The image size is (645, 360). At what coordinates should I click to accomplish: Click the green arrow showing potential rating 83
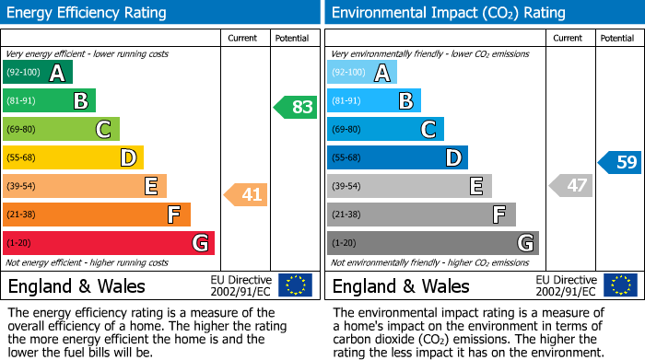pos(295,107)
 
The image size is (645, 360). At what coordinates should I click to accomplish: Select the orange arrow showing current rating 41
pos(247,194)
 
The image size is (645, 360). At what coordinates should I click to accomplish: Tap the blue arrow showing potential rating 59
pos(620,163)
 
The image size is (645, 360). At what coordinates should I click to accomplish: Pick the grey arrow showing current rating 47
pos(570,186)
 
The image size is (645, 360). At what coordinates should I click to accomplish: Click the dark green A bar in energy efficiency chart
pos(37,73)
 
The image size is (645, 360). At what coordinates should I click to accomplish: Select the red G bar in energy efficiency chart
pos(108,243)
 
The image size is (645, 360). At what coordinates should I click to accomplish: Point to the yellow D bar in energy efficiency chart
pos(73,158)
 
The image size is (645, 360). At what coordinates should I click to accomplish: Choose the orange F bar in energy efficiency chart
pos(96,215)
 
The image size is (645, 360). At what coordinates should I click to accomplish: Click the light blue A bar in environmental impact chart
pos(361,73)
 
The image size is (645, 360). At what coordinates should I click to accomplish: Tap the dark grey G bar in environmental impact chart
pos(432,243)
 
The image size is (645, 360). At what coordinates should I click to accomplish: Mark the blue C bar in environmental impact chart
pos(385,130)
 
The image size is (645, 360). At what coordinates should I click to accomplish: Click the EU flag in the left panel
pos(295,285)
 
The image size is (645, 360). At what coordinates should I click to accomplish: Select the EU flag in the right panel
pos(620,285)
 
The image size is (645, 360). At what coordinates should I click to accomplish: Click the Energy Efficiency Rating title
pos(88,13)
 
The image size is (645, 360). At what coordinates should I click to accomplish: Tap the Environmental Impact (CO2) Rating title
pos(448,13)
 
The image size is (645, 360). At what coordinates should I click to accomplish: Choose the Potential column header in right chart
pos(616,38)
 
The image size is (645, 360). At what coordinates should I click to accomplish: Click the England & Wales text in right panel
pos(400,285)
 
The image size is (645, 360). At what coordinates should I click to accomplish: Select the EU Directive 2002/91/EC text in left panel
pos(241,285)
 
